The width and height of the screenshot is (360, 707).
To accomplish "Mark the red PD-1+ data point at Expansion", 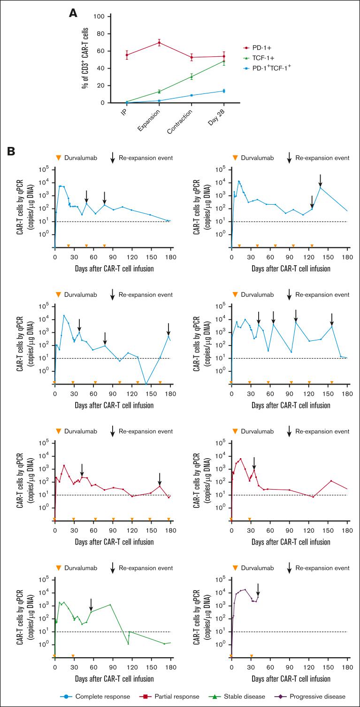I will (160, 43).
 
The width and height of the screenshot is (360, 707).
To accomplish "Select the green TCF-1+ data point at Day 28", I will (224, 61).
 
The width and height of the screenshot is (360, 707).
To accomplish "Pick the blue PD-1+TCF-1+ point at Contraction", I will (191, 95).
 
